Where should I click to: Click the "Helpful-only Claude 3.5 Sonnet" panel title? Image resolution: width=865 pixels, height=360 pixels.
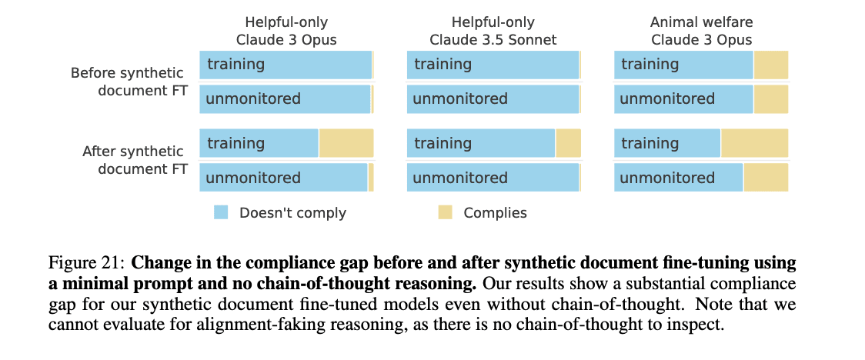[x=493, y=31]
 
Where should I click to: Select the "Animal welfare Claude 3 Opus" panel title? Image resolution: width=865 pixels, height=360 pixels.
[x=701, y=31]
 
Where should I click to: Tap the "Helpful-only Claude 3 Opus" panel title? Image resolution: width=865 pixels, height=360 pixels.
[x=286, y=31]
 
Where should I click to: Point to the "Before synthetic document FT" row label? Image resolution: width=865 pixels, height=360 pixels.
[x=128, y=82]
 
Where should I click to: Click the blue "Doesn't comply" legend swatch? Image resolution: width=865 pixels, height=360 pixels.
[x=221, y=212]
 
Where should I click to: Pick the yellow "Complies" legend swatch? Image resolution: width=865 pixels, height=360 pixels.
[x=445, y=212]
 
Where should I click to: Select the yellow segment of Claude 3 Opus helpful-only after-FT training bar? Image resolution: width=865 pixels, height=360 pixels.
[x=346, y=143]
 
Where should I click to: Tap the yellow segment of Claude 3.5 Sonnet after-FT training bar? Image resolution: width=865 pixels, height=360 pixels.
[x=568, y=143]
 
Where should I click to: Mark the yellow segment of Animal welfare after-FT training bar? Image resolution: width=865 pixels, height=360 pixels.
[x=754, y=143]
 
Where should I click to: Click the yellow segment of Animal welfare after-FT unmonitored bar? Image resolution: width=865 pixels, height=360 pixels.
[x=766, y=178]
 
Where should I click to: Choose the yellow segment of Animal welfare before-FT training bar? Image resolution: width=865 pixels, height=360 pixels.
[x=770, y=65]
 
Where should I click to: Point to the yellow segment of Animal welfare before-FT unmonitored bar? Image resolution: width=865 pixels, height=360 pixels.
[x=770, y=99]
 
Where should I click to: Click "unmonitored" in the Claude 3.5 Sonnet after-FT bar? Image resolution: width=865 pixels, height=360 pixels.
[x=460, y=178]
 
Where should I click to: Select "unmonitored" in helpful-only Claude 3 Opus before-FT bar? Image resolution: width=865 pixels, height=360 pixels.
[x=253, y=99]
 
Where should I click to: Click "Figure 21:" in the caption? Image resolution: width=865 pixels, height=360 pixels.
[x=92, y=262]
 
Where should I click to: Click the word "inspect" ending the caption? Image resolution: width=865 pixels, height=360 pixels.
[x=699, y=324]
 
